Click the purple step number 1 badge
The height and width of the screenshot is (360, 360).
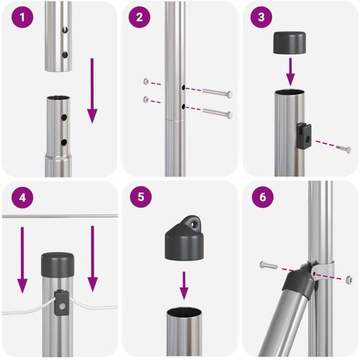point(22,17)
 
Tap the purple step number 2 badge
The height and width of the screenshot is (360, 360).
point(140,17)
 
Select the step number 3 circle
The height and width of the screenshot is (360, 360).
point(261,17)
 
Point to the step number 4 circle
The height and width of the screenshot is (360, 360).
point(22,197)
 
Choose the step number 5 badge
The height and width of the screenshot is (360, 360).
point(141,197)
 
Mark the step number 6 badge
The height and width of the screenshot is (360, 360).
point(263,197)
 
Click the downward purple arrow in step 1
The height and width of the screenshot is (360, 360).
point(92,91)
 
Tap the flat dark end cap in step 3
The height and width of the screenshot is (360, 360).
point(289,42)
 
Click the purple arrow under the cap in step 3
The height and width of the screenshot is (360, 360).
point(290,71)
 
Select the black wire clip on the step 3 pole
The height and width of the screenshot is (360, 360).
point(304,136)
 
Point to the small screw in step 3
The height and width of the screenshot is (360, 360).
point(343,148)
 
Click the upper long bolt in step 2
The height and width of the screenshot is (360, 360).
point(217,93)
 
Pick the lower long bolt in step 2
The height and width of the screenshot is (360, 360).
point(217,112)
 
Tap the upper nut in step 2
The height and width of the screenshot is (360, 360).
point(146,81)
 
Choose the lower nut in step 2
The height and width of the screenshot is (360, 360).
point(145,99)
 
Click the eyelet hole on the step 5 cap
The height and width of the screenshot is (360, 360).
point(194,224)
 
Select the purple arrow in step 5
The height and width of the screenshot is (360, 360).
point(184,286)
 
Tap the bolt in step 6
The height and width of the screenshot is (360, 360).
point(269,265)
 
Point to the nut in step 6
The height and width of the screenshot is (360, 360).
point(349,279)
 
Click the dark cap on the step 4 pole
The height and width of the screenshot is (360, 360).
point(58,264)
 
